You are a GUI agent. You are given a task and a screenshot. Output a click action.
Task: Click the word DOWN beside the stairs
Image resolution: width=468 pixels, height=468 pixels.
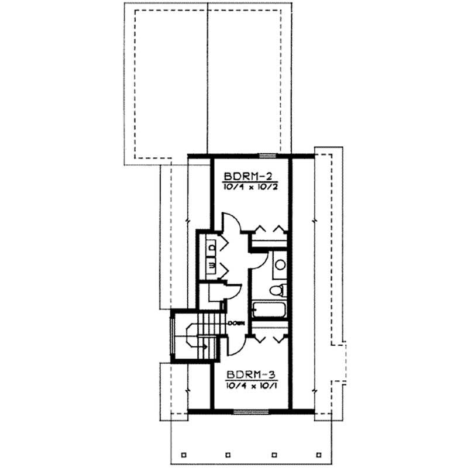point(237,323)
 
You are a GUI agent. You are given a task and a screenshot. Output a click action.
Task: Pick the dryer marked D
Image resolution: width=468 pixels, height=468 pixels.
point(210,248)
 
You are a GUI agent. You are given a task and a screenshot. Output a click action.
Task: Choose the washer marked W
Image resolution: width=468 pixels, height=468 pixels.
point(210,266)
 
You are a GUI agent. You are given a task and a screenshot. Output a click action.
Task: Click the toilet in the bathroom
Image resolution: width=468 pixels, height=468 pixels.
point(280,289)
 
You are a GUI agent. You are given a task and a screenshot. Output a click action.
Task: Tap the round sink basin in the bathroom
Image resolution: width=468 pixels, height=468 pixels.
point(280,265)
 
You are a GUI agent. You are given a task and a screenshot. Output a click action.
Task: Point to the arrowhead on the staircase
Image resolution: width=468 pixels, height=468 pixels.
point(204,346)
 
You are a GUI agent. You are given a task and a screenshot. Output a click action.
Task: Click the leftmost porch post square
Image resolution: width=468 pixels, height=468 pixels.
point(183,454)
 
